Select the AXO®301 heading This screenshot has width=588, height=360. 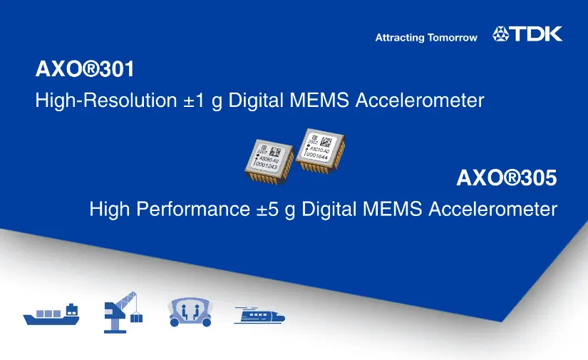85,71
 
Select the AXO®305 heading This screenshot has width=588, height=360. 506,178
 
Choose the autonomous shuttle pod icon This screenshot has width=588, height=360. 190,312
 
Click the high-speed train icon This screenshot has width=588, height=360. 260,315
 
